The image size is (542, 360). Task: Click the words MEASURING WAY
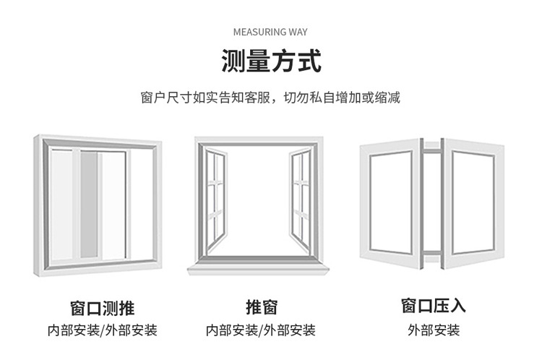click(271, 32)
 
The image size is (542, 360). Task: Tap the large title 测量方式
click(271, 61)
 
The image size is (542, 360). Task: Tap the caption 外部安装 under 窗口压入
click(434, 331)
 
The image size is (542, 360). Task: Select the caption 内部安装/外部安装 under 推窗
click(261, 331)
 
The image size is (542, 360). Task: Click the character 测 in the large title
click(233, 61)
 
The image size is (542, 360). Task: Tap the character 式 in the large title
click(309, 61)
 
